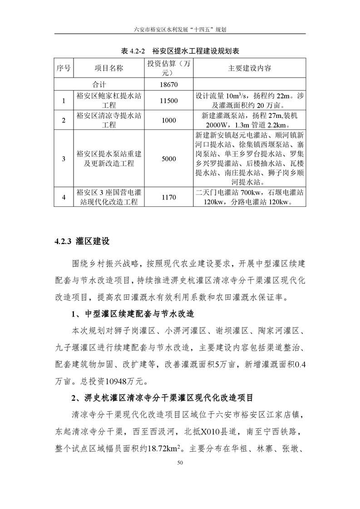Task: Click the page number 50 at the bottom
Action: (180, 462)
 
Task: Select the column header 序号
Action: (64, 69)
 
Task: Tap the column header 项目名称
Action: (108, 69)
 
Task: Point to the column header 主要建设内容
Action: (249, 69)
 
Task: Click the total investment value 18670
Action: (168, 85)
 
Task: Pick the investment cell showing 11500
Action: (168, 101)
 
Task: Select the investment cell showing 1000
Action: (168, 120)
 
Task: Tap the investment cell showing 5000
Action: (168, 159)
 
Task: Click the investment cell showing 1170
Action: (168, 197)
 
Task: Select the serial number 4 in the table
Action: (64, 197)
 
